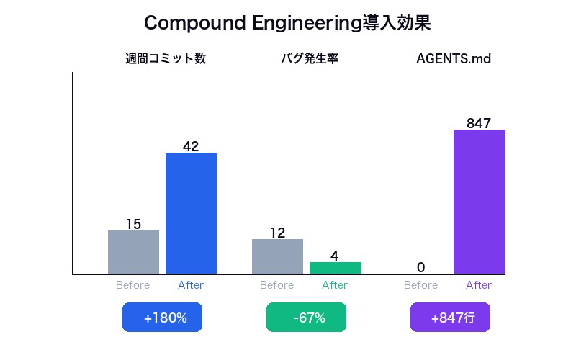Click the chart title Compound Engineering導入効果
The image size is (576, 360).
coord(287,23)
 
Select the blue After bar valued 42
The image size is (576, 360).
coord(191,213)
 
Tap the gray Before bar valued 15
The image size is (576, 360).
coord(133,252)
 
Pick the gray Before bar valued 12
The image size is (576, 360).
coord(277,256)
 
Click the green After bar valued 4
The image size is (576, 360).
coord(335,268)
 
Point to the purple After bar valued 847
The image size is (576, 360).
coord(479,202)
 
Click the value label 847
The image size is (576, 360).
coord(479,123)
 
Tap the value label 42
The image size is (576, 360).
coord(191,146)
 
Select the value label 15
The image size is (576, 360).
coord(133,224)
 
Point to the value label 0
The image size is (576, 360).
coord(421,268)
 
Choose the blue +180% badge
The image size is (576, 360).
coord(162,318)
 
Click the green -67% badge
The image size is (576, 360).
coord(306,318)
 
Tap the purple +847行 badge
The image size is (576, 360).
coord(450,318)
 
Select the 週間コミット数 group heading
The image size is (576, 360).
coord(166,59)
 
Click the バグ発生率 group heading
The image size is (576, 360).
coord(310,59)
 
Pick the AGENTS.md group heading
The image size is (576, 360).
coord(454,59)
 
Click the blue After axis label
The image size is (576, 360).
coord(191,285)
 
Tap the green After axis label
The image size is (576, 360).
coord(335,285)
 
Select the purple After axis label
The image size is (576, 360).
coord(479,285)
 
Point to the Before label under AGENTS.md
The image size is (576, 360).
coord(421,285)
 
